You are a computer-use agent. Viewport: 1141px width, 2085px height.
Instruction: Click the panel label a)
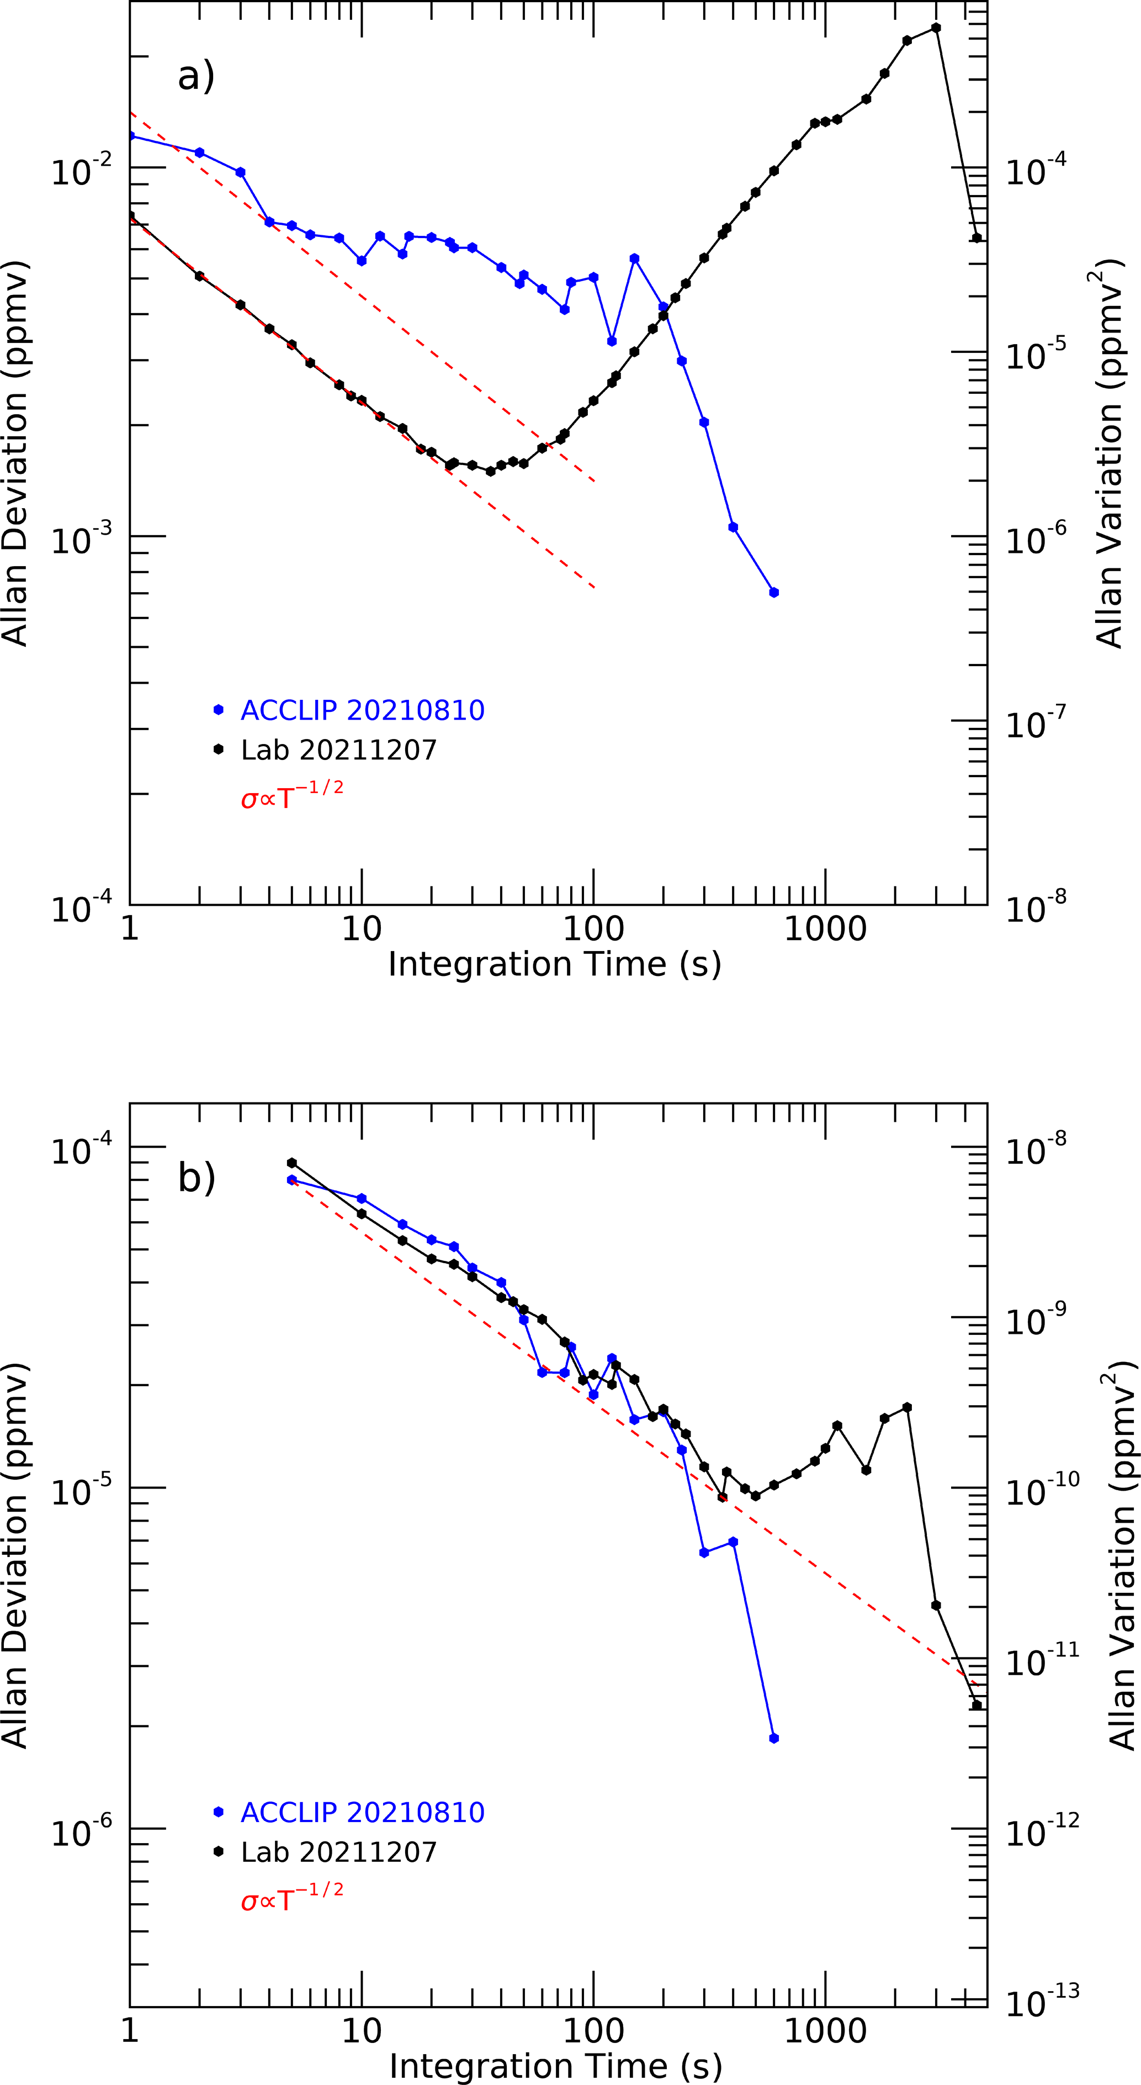196,76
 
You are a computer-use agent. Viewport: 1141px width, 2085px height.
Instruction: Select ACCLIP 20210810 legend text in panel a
363,711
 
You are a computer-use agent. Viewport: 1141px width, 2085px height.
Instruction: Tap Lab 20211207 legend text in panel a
338,750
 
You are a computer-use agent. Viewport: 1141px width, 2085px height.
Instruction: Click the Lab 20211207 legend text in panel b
338,1852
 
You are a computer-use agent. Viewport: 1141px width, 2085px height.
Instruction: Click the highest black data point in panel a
936,28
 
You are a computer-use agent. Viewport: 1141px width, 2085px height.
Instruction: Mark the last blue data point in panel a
773,593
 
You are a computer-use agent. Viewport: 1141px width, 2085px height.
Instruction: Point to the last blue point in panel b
773,1739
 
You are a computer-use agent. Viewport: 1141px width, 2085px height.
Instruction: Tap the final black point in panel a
977,238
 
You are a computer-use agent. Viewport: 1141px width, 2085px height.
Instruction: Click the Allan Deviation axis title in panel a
16,453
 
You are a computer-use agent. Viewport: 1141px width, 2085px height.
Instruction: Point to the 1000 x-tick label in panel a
825,929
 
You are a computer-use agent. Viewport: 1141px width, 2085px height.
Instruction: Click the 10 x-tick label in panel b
361,2031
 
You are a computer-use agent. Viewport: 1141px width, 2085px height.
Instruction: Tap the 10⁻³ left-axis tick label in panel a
82,540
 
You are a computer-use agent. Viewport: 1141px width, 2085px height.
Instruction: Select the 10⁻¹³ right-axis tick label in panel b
1042,2003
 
